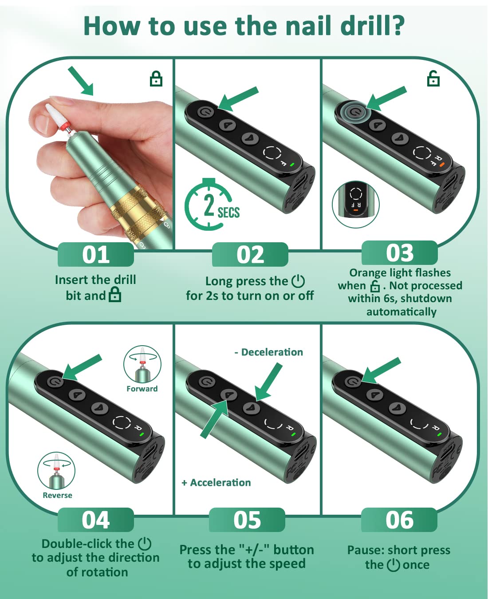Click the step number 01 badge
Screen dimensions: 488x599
click(95, 255)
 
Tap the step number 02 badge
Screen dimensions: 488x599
click(250, 255)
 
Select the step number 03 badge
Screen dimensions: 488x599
click(399, 253)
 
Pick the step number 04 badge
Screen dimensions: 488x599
click(95, 520)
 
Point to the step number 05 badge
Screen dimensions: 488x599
click(247, 520)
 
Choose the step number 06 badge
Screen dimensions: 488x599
click(399, 520)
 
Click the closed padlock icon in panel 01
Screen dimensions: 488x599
click(156, 79)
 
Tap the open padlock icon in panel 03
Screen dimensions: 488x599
click(433, 78)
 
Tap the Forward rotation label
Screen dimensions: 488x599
click(142, 389)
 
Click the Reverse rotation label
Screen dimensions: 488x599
click(57, 495)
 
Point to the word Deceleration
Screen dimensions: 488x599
click(272, 352)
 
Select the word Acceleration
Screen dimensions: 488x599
click(220, 483)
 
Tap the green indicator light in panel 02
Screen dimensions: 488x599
click(292, 165)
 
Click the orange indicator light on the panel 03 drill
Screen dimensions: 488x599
click(441, 164)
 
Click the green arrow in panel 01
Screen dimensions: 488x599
click(81, 81)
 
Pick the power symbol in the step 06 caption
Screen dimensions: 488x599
click(393, 565)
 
